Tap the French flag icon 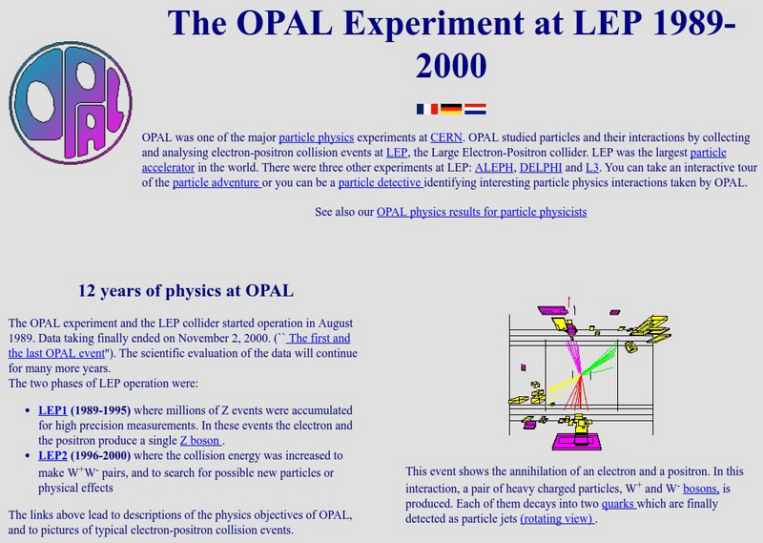click(426, 109)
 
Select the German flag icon click(450, 109)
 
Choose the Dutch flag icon click(474, 109)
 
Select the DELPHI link click(541, 168)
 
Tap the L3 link click(592, 168)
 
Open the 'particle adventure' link click(217, 183)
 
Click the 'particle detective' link click(380, 183)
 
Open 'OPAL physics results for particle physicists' click(482, 212)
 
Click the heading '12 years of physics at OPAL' click(185, 289)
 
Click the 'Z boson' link click(201, 440)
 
